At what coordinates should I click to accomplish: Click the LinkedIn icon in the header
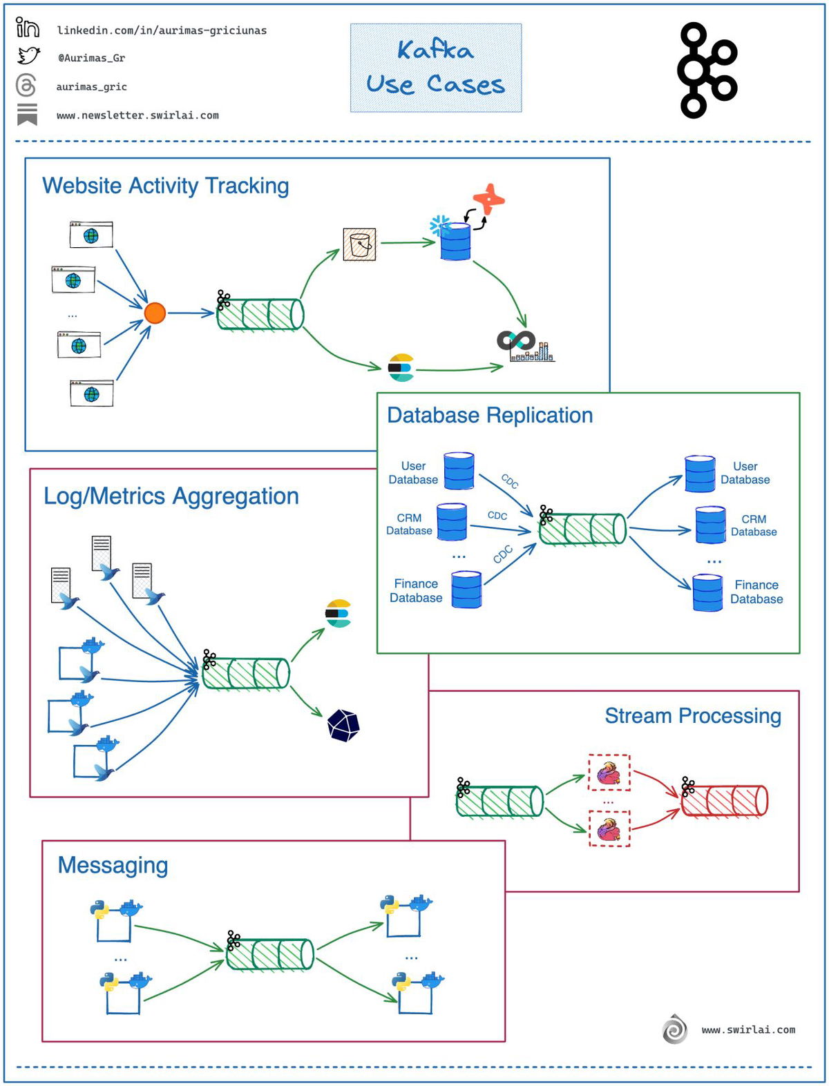pyautogui.click(x=27, y=28)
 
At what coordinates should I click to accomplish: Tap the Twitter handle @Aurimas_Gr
pyautogui.click(x=91, y=58)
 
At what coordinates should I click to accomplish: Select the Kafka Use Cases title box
pyautogui.click(x=435, y=68)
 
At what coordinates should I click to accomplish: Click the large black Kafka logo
pyautogui.click(x=707, y=70)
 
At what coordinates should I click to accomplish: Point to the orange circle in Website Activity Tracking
pyautogui.click(x=155, y=313)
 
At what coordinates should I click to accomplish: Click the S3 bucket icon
pyautogui.click(x=359, y=244)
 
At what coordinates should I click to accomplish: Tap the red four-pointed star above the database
pyautogui.click(x=489, y=199)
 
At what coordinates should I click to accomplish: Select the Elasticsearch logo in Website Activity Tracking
pyautogui.click(x=401, y=367)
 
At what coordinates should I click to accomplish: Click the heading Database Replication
pyautogui.click(x=489, y=415)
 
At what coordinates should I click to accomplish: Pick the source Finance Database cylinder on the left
pyautogui.click(x=466, y=589)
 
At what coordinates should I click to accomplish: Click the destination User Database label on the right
pyautogui.click(x=745, y=473)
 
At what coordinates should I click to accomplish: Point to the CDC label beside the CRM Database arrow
pyautogui.click(x=497, y=516)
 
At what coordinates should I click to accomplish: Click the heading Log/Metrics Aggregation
pyautogui.click(x=171, y=496)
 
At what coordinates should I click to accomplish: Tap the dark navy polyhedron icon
pyautogui.click(x=343, y=725)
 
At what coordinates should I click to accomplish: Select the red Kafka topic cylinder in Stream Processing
pyautogui.click(x=724, y=801)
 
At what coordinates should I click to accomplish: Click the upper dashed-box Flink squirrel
pyautogui.click(x=609, y=773)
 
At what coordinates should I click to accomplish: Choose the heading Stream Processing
pyautogui.click(x=692, y=715)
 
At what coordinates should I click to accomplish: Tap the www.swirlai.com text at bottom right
pyautogui.click(x=747, y=1029)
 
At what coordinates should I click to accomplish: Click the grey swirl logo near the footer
pyautogui.click(x=674, y=1029)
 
